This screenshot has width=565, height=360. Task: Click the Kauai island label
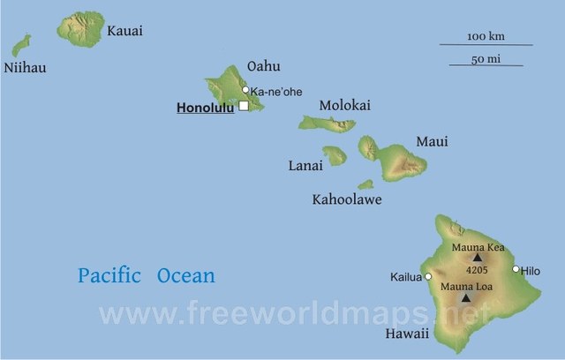pos(124,31)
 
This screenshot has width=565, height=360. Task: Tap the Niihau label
pos(26,68)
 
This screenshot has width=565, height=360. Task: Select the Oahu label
pos(264,65)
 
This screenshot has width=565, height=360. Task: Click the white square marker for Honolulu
pos(244,106)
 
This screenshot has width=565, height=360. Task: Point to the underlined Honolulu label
pos(206,109)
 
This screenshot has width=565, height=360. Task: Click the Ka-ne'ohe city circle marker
pos(245,89)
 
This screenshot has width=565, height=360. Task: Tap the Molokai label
pos(345,105)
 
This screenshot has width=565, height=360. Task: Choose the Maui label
pos(432,141)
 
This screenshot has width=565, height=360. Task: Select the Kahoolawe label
pos(347,200)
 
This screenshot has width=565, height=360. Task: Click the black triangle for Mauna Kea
pos(478,258)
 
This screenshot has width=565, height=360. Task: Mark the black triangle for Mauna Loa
pos(466,298)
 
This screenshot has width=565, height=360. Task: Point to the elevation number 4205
pos(477,271)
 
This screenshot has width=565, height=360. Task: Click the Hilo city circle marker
pos(516,269)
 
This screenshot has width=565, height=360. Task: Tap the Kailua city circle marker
pos(428,276)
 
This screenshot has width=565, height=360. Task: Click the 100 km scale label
pos(485,36)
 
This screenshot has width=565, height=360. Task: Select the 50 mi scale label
pos(485,58)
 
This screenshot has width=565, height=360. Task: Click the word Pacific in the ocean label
pos(109,275)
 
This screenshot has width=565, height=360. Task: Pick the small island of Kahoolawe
pos(365,184)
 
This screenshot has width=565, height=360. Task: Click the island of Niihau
pos(21,45)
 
